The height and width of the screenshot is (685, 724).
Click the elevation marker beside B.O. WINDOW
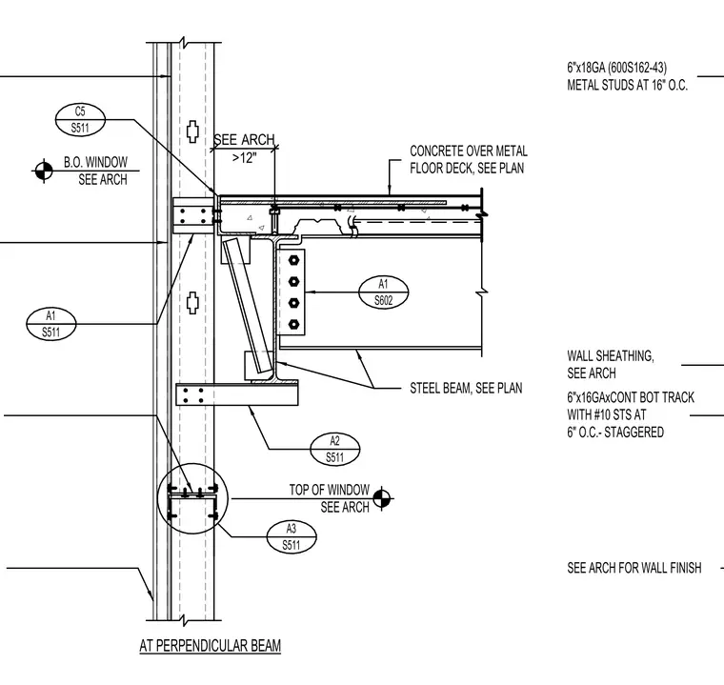coord(44,171)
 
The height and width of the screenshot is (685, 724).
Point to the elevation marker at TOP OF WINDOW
coord(381,498)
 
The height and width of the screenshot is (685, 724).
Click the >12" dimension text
coord(244,158)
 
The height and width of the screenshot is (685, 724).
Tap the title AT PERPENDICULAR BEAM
coord(211,645)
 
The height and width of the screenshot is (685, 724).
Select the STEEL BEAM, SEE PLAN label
coord(466,388)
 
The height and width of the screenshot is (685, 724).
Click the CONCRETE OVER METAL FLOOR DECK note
coord(468,159)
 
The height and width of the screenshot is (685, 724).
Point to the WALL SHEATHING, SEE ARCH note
coord(611,365)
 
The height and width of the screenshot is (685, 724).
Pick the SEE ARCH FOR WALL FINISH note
coord(633,568)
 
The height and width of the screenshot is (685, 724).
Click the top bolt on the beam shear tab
coord(293,260)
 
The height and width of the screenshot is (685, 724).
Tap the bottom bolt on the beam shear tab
coord(293,325)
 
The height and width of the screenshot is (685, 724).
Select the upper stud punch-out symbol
coord(192,131)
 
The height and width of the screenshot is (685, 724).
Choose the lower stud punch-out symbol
coord(192,303)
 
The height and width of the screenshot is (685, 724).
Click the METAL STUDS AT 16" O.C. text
coord(627,86)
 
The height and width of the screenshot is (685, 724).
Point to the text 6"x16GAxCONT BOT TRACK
coord(631,397)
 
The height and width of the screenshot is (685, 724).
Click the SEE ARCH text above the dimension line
coord(244,139)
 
